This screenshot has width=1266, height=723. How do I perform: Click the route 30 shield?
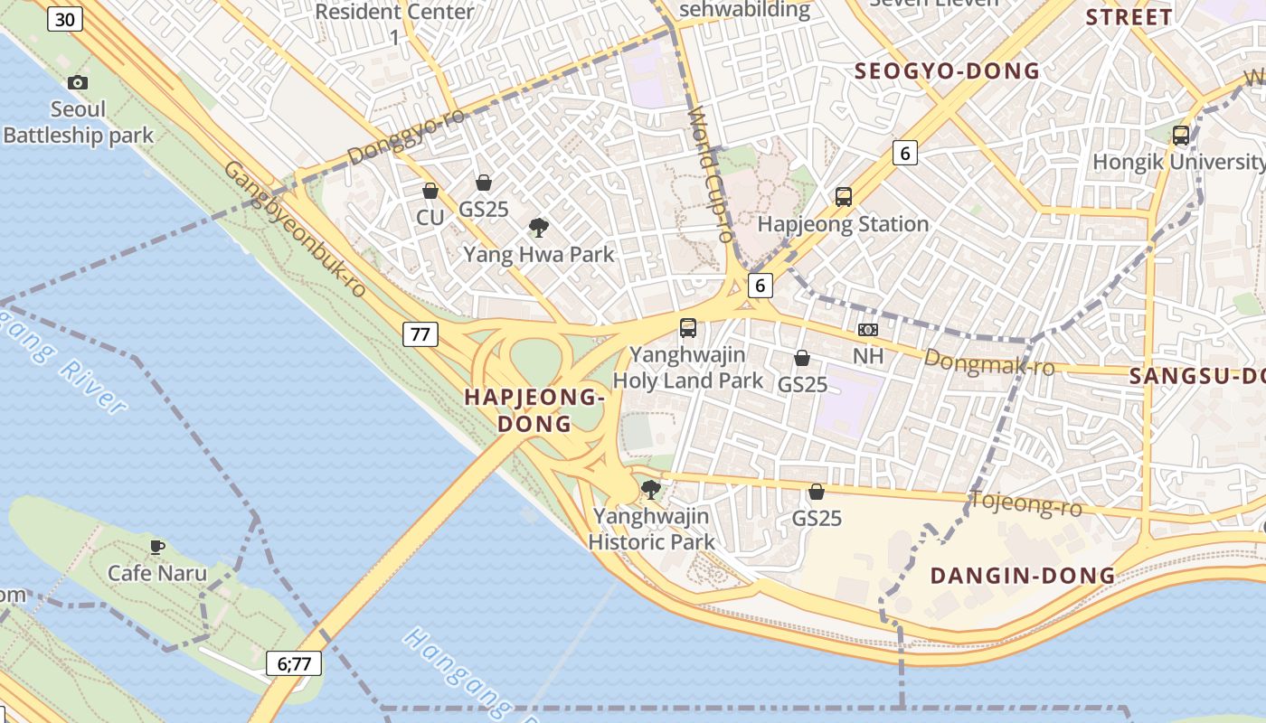pos(65,19)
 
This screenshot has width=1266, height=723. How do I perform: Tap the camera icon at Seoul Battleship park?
pos(79,83)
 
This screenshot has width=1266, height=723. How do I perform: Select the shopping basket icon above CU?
pos(430,191)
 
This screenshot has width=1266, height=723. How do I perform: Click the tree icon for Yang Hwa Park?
pos(539,227)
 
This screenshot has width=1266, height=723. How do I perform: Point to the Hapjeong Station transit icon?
pos(844,196)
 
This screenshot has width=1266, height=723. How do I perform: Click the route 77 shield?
pos(420,334)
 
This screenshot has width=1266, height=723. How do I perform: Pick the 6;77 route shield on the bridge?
pos(294,663)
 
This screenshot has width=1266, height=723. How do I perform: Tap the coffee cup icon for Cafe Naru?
pos(157,546)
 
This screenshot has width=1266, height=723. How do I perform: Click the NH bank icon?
pos(868,330)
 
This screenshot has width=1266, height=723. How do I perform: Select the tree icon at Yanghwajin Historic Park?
pos(650,490)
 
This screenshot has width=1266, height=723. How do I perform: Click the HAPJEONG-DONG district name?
pos(534,409)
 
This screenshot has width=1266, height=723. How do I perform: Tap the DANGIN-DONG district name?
pos(1023,576)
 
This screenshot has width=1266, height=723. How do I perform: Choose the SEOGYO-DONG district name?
pos(947,71)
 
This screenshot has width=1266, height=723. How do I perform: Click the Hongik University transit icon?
pos(1181,136)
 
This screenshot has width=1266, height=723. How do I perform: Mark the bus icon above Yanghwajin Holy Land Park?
pos(688,327)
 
